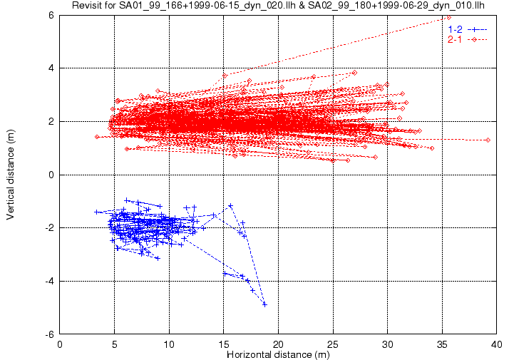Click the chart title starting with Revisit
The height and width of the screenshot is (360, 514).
278,5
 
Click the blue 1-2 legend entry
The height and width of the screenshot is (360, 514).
468,29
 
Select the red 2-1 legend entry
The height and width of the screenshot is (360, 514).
468,40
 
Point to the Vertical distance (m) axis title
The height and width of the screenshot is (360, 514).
10,175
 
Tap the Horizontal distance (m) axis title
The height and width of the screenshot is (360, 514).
278,354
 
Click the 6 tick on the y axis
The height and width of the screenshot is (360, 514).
51,15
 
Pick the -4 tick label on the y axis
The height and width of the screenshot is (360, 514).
49,281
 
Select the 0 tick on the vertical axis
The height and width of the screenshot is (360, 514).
51,175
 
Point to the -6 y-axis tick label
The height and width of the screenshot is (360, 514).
49,334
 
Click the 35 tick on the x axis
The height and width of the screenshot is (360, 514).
442,344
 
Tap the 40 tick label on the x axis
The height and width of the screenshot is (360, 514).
497,344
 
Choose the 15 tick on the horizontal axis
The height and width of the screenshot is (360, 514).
224,344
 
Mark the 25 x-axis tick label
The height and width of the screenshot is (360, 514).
333,344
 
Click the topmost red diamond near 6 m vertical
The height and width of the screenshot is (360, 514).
448,18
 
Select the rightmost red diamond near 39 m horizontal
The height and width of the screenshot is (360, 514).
488,140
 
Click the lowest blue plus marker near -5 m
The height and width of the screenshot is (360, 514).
265,304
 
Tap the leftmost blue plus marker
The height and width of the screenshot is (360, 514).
96,212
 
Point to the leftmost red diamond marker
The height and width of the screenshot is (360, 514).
97,137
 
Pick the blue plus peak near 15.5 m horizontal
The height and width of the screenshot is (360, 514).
230,206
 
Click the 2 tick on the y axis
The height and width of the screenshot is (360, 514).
51,121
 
